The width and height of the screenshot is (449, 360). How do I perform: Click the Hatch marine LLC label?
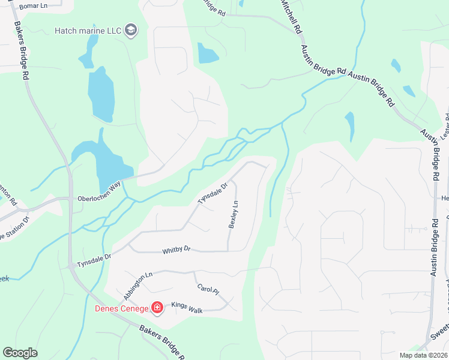(88, 31)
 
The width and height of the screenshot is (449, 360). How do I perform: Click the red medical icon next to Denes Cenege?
(157, 308)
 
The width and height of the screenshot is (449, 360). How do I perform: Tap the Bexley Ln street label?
(234, 214)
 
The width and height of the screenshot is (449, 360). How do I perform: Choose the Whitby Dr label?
(176, 249)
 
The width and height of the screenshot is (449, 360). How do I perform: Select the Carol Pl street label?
(208, 288)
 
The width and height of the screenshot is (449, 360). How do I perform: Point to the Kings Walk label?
(188, 305)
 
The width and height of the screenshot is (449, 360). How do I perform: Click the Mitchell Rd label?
(291, 16)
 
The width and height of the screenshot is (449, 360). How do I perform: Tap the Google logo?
(20, 353)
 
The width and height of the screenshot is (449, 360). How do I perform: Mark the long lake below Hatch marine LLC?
(100, 94)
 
